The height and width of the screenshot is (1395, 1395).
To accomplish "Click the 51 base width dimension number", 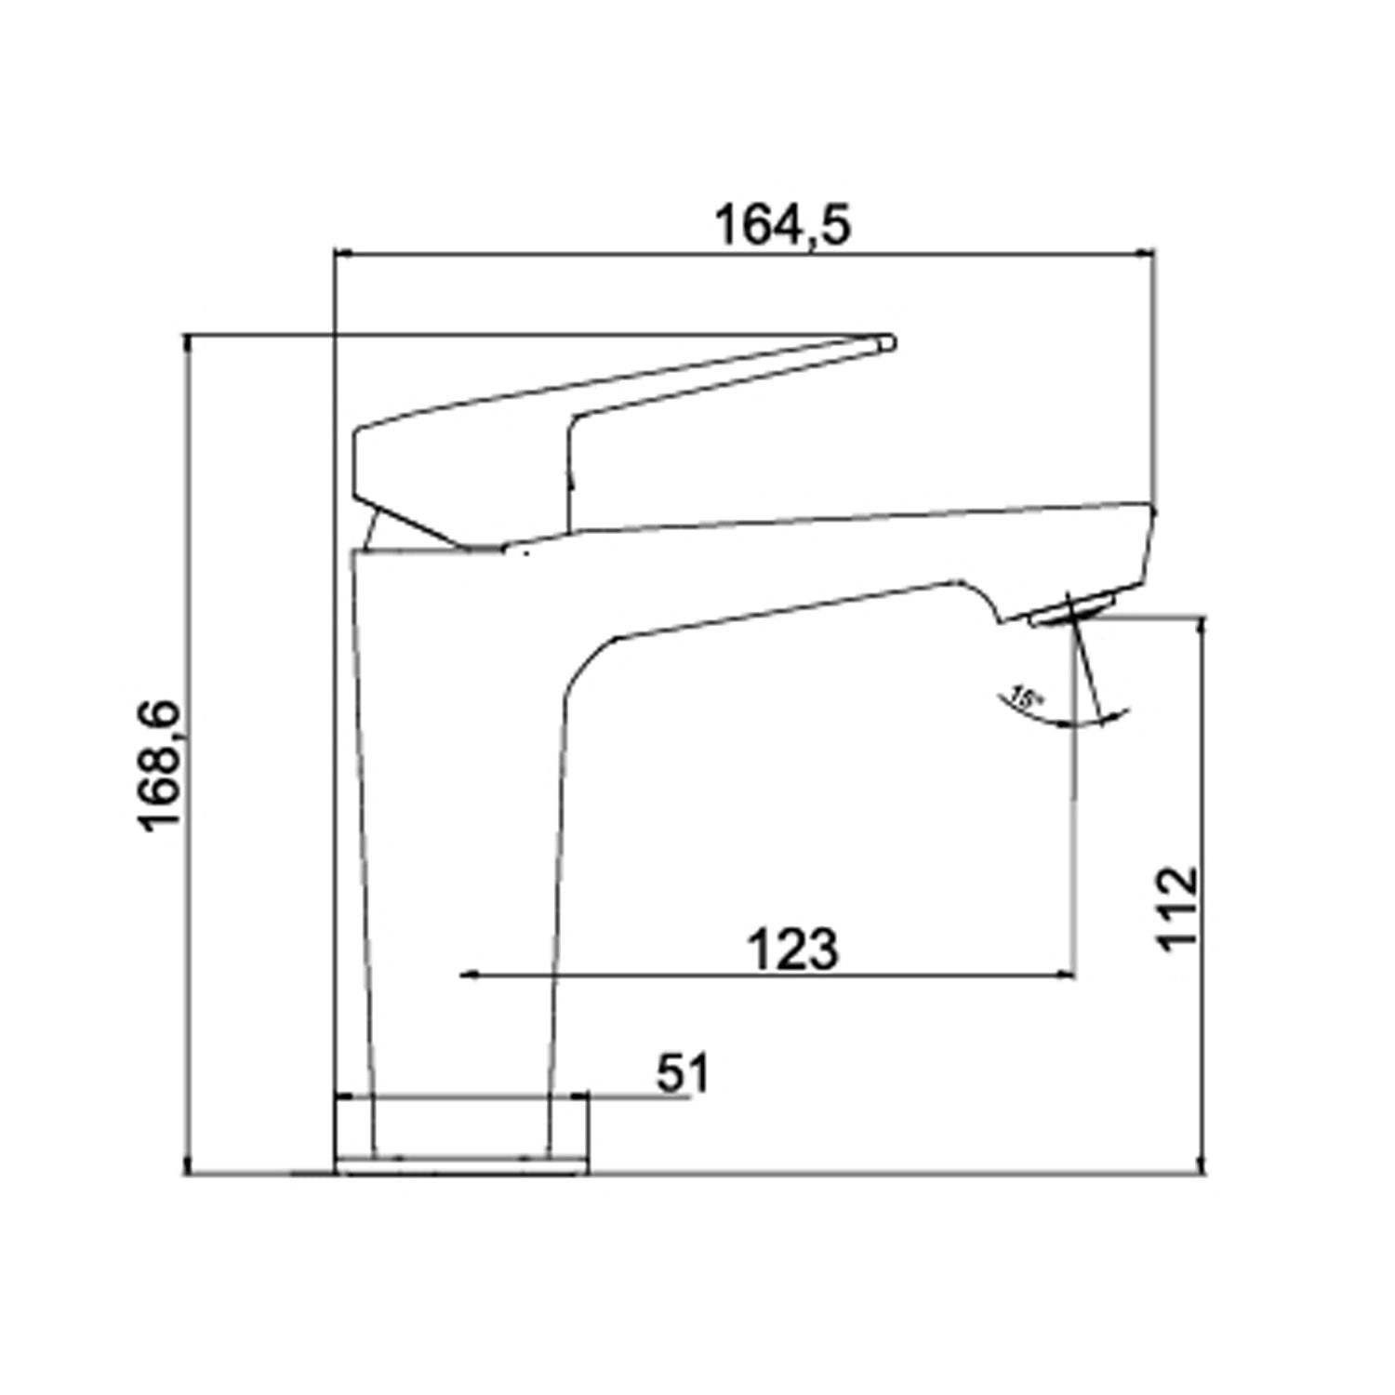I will pos(683,1075).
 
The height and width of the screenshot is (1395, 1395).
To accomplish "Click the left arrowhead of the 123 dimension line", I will pos(470,975).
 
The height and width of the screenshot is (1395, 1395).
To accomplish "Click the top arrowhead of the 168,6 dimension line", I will pos(190,343).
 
